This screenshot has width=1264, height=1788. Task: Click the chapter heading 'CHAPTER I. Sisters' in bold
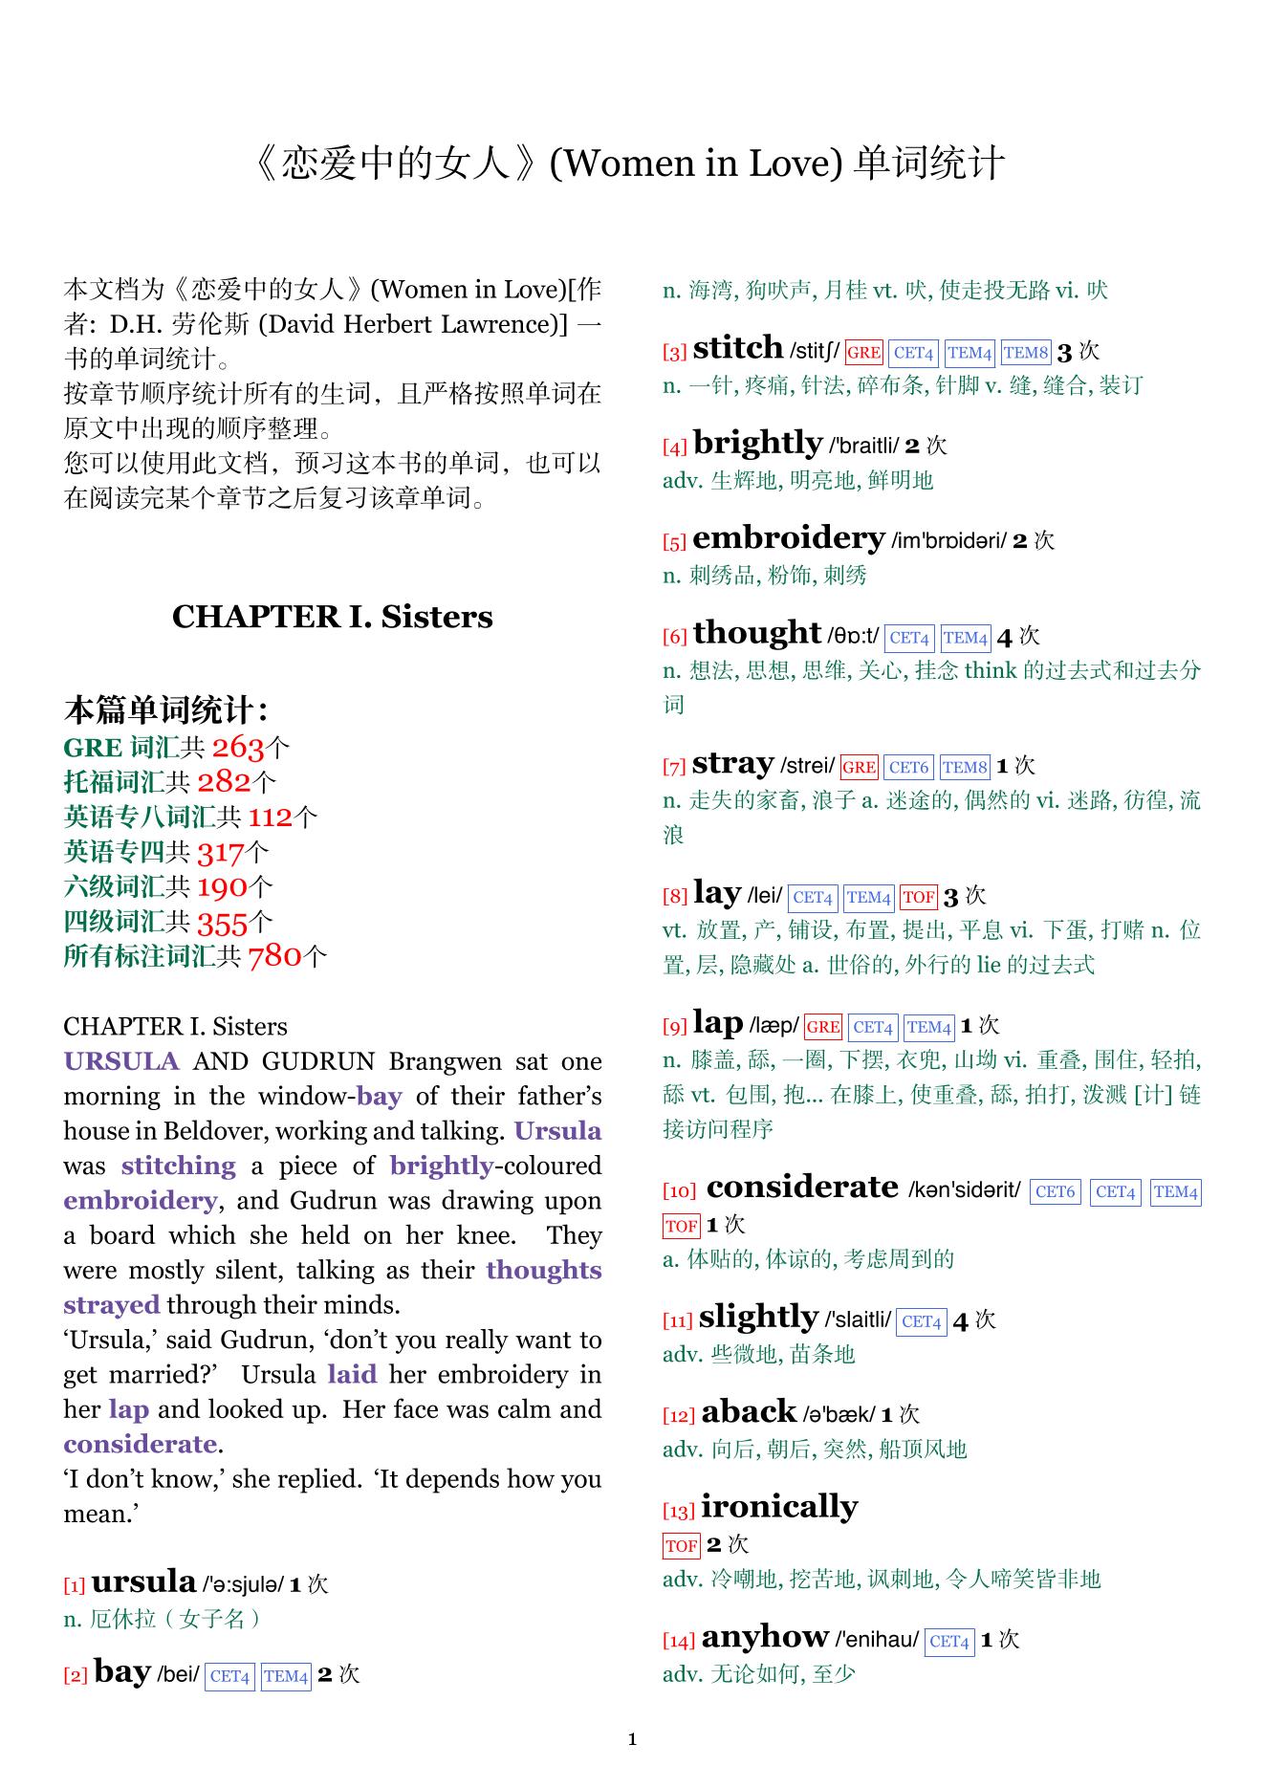point(332,617)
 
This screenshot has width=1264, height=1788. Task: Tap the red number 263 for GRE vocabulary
point(237,747)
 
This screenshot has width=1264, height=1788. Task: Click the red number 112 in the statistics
point(271,817)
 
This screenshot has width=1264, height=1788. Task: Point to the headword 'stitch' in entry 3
point(737,348)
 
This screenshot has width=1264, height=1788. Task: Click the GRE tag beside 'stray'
point(859,767)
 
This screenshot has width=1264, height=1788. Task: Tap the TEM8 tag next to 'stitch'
point(1026,353)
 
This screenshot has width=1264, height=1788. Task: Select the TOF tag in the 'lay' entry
point(918,897)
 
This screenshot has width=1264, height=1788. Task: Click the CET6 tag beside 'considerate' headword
point(1055,1192)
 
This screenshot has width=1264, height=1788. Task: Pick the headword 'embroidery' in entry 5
point(788,538)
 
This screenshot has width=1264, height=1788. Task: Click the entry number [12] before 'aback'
point(679,1415)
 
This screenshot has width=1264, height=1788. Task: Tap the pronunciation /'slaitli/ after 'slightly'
point(858,1320)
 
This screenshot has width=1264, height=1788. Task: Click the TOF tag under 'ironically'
point(681,1545)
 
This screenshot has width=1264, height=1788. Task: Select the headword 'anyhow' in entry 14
point(765,1637)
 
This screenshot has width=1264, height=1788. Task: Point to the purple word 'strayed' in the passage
point(112,1305)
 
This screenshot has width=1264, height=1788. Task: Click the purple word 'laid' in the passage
point(352,1375)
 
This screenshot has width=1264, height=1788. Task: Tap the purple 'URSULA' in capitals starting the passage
point(121,1061)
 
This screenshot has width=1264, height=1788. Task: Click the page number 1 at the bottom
point(632,1739)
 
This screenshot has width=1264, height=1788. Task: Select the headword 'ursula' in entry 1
point(143,1582)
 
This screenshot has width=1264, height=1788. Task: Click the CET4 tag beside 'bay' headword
point(229,1676)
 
